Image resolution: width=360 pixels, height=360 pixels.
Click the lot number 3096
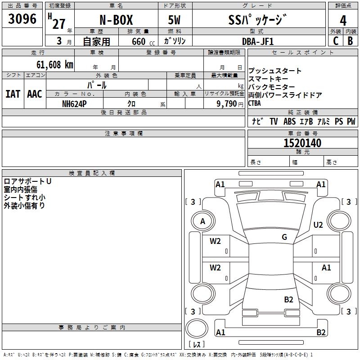[22, 19]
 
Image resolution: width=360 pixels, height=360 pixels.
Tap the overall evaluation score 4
[343, 20]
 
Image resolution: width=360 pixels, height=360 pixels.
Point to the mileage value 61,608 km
[49, 65]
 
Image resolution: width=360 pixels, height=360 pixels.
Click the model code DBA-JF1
[257, 41]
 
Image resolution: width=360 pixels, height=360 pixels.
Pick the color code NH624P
[74, 103]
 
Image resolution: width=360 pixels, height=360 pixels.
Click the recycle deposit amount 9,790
[225, 103]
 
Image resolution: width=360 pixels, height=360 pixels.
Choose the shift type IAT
[13, 94]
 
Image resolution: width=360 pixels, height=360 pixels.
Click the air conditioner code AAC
[35, 94]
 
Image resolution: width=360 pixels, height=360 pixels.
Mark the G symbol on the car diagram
[284, 237]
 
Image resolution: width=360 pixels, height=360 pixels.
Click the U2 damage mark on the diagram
[318, 225]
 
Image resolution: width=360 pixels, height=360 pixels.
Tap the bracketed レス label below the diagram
[198, 344]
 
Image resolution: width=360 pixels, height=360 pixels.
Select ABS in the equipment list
[289, 121]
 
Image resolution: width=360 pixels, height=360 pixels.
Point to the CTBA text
[255, 103]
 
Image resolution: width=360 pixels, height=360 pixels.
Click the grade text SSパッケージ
[257, 20]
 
